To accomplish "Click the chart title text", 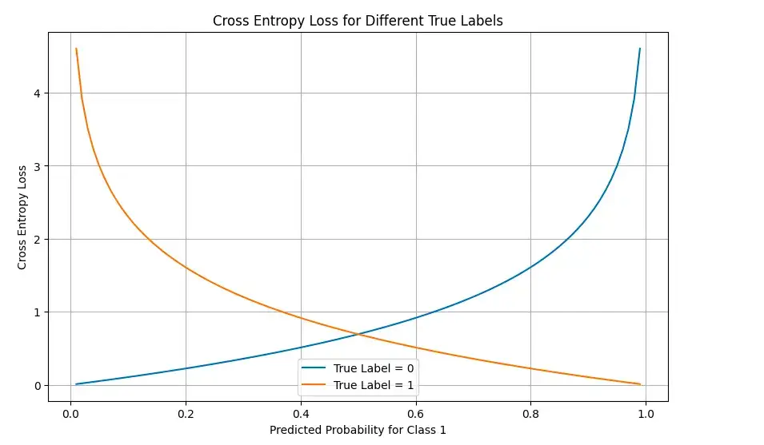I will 358,22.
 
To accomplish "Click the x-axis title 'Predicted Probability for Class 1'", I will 358,430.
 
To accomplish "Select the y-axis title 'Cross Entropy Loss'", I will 22,217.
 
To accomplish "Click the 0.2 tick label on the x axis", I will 186,414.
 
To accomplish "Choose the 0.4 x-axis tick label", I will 301,414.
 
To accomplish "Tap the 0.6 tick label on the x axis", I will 416,414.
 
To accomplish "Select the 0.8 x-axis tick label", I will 531,414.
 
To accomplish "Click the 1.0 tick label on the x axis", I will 646,414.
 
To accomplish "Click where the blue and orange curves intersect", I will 358,334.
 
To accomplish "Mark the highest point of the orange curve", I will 76,49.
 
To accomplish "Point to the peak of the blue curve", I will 640,49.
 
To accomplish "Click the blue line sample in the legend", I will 315,368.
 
